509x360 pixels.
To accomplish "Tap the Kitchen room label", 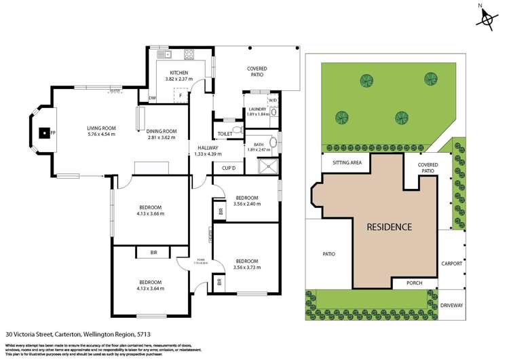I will click(x=178, y=73).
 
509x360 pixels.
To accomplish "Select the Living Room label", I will click(x=101, y=128).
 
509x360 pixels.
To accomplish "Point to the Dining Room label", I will click(x=162, y=132).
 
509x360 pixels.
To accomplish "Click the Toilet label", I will click(x=225, y=134).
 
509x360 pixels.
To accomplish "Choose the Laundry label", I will click(x=257, y=109).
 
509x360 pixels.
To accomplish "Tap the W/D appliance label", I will click(x=273, y=101).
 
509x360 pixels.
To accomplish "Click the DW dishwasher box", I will click(x=152, y=98).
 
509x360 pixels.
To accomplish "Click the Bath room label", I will click(x=258, y=145).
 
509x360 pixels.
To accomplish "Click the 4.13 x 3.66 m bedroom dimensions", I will click(x=150, y=214).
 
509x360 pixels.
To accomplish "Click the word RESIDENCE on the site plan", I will click(x=389, y=226).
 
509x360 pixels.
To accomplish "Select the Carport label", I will click(x=451, y=264).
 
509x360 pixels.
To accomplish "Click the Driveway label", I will click(x=451, y=306).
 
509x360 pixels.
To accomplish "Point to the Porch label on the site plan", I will click(x=414, y=283).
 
